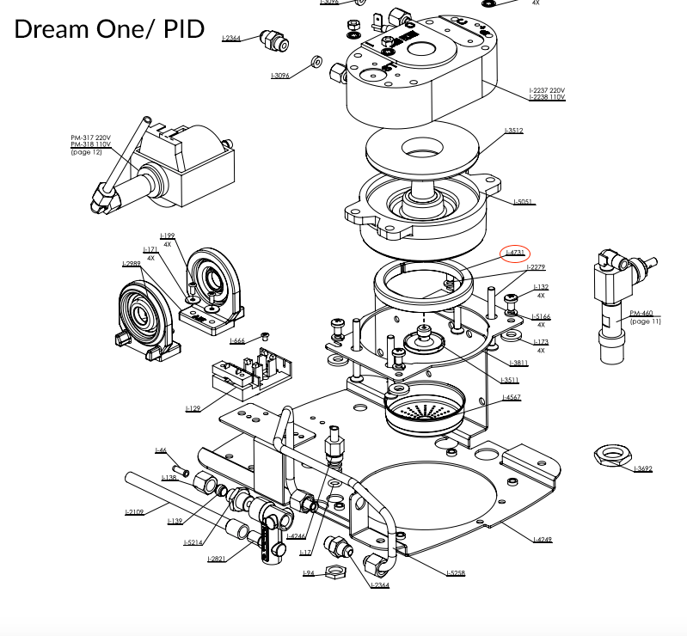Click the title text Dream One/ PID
(x=109, y=29)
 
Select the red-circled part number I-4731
(x=515, y=253)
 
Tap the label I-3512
(x=514, y=131)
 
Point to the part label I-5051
(x=524, y=202)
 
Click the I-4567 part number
(x=512, y=398)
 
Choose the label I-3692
(x=642, y=468)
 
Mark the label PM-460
(x=641, y=314)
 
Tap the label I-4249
(x=543, y=539)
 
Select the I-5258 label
(x=456, y=573)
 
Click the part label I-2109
(x=134, y=512)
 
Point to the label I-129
(x=193, y=408)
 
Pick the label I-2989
(x=132, y=264)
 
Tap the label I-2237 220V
(x=548, y=90)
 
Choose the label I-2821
(x=217, y=559)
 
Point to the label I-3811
(x=518, y=363)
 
